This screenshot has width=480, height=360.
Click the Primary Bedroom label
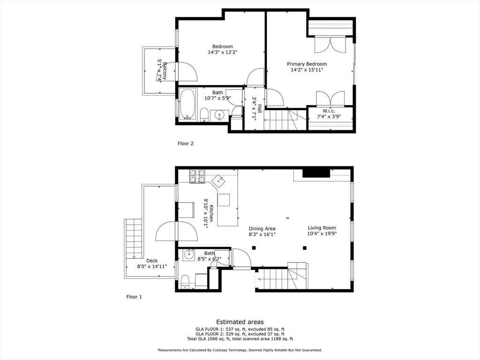tap(307, 64)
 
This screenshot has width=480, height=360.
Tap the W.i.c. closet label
tap(329, 111)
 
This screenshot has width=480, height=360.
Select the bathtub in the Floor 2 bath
tap(187, 104)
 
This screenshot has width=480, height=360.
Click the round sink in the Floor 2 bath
tap(219, 115)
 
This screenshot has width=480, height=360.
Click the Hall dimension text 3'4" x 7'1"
tap(254, 109)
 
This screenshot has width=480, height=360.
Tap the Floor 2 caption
tap(185, 143)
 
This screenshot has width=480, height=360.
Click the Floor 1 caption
tap(134, 297)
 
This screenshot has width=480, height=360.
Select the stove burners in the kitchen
tap(197, 176)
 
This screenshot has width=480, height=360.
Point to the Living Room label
tap(322, 228)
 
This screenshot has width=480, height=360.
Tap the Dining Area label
tap(262, 229)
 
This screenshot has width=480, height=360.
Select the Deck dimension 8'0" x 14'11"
tap(152, 266)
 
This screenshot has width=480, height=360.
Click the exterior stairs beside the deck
tap(134, 239)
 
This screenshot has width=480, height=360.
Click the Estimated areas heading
tap(240, 322)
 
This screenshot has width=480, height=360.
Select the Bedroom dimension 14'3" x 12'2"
tap(222, 52)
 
